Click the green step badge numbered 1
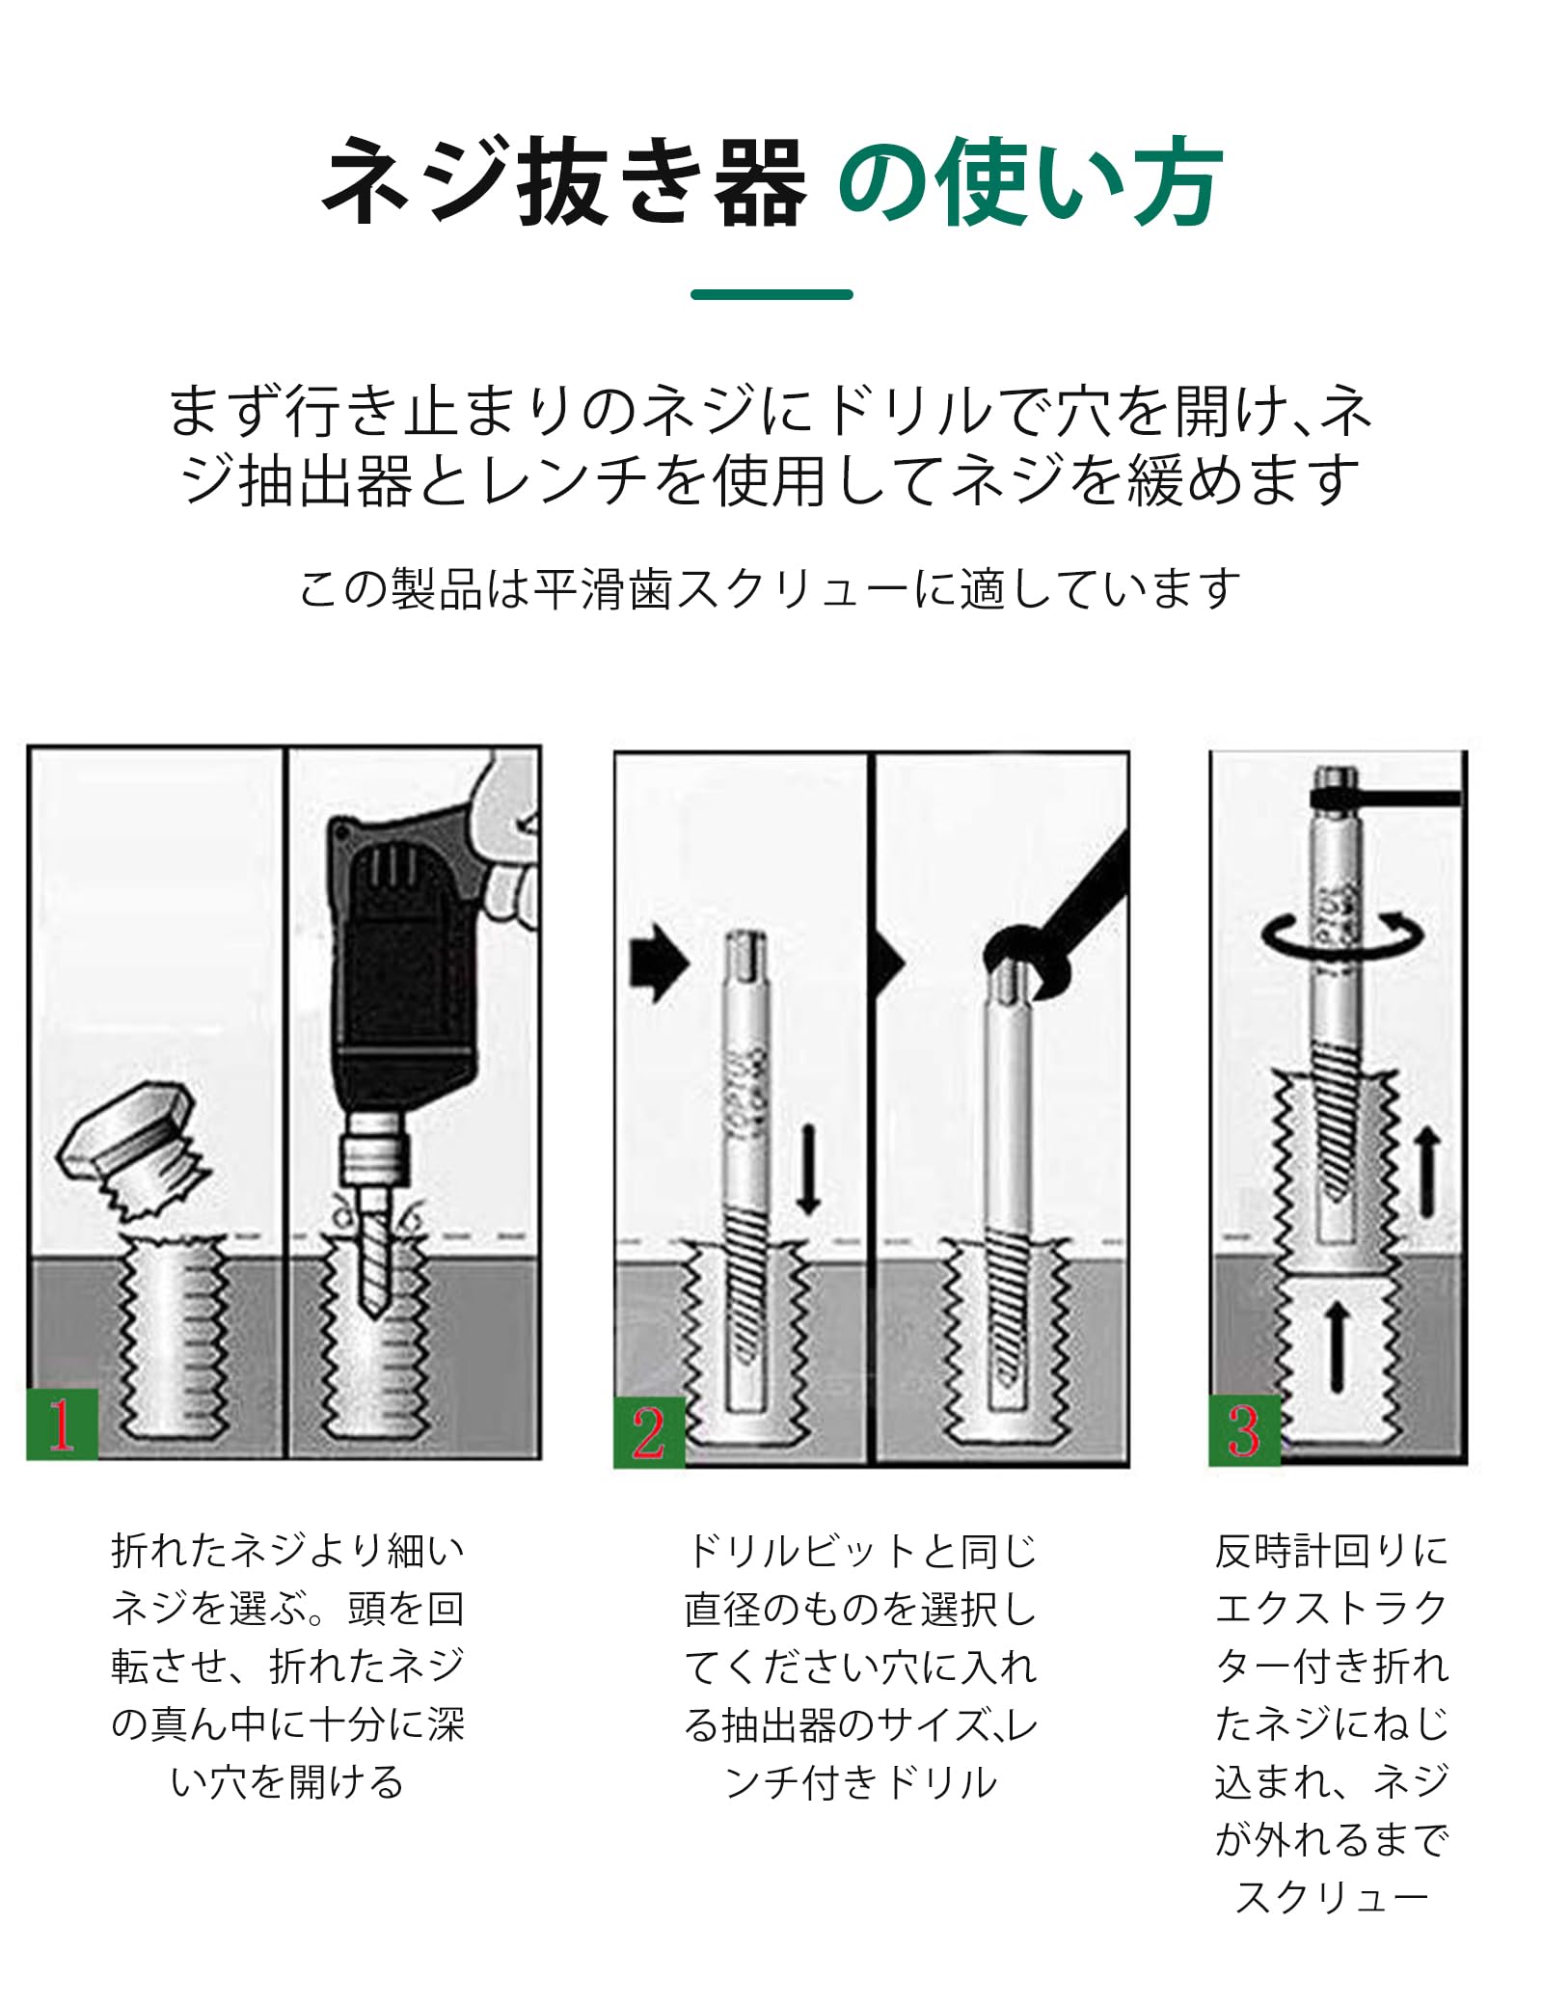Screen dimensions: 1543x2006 click(62, 1423)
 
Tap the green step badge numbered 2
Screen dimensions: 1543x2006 click(649, 1431)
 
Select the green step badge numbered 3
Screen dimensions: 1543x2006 click(1244, 1430)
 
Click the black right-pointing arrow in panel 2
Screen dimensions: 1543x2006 click(660, 962)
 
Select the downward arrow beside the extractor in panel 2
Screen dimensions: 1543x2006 click(808, 1169)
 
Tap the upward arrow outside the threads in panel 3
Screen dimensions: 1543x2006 click(1427, 1173)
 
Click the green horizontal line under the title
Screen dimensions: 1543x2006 click(771, 294)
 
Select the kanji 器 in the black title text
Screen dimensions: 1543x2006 click(760, 181)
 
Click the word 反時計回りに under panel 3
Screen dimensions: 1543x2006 click(1332, 1551)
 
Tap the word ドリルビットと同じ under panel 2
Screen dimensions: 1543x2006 click(860, 1551)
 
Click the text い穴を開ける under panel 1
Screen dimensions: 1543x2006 click(287, 1782)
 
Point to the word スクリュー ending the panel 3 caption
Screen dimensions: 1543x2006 click(1332, 1898)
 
